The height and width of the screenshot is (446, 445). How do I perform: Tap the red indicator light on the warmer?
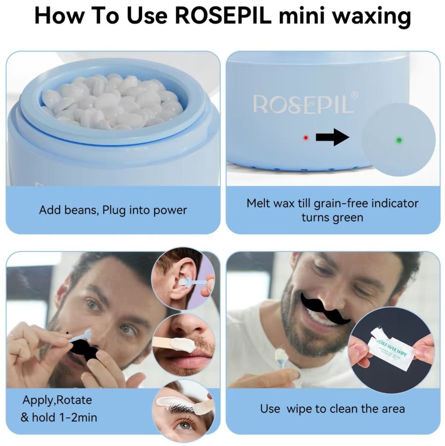coord(306,138)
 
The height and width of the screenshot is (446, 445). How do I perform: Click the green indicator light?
coord(399,140)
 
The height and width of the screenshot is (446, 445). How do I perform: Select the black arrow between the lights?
coord(332,138)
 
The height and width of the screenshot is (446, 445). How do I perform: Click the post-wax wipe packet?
coord(389,353)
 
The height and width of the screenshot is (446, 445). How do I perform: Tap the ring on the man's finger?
coord(13,335)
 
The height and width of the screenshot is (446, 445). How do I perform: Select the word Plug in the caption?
coord(114,210)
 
